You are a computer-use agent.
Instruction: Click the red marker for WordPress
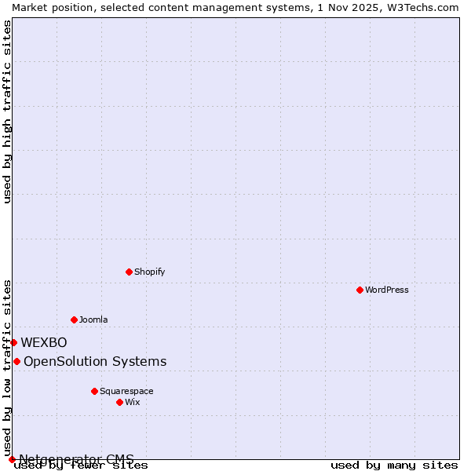360,290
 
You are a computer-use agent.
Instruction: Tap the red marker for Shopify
129,272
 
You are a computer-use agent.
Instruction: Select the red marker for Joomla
74,319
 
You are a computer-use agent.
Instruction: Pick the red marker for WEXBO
13,342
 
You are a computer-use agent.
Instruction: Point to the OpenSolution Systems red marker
16,361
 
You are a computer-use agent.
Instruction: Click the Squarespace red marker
94,391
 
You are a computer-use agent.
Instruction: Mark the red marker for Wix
119,402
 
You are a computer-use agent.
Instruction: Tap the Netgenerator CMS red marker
12,459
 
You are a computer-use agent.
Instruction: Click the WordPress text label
387,290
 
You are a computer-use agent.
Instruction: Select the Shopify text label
149,272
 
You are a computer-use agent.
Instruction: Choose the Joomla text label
93,319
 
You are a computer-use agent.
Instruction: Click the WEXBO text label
44,342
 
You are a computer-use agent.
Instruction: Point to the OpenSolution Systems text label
95,361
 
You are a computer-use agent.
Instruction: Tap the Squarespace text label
126,391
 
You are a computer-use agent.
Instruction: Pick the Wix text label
132,402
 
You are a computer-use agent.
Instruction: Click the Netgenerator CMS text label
76,459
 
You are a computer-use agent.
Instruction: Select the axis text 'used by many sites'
394,465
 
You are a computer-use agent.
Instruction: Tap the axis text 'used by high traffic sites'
7,111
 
